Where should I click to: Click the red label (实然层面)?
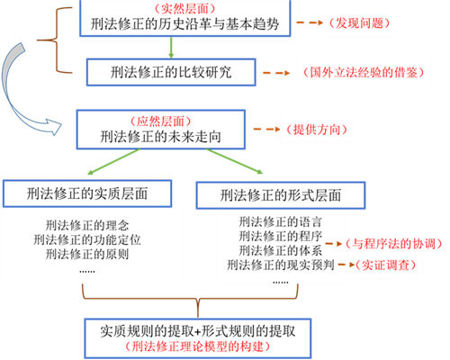click(184, 8)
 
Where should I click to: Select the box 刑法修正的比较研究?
click(171, 72)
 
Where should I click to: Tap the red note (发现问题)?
click(359, 23)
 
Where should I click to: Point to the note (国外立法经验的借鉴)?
click(363, 72)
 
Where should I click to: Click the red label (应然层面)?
click(160, 121)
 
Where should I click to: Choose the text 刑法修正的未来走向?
click(161, 137)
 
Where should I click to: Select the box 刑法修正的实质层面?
click(87, 193)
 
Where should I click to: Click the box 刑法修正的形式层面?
click(281, 195)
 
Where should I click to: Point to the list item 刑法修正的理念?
click(87, 225)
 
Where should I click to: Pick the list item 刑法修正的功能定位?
click(87, 239)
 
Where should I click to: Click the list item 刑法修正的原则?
click(87, 254)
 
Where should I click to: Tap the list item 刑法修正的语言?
click(281, 222)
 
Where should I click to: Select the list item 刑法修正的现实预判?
click(281, 265)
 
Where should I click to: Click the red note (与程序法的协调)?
click(393, 244)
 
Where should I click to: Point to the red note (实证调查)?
click(386, 265)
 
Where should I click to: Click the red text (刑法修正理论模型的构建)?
click(198, 346)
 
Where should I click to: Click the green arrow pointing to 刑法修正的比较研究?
click(171, 48)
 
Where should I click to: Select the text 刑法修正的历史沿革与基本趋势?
click(184, 24)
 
